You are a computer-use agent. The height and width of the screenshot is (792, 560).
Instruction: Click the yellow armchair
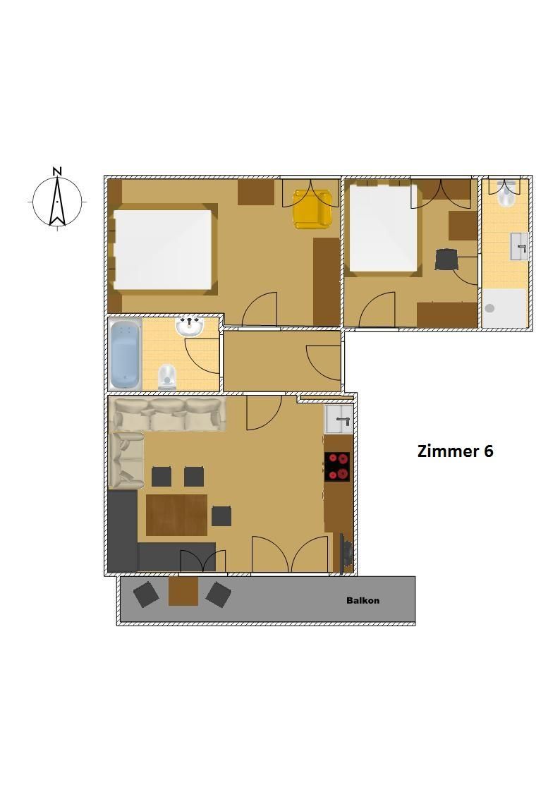312,209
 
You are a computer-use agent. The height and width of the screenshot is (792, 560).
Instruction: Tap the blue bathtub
125,354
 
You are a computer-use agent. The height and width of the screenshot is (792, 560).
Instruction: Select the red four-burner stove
337,466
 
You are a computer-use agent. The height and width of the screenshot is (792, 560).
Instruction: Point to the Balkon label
363,601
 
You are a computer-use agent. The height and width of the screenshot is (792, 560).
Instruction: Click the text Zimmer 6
455,451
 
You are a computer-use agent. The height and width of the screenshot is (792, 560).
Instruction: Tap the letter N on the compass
58,171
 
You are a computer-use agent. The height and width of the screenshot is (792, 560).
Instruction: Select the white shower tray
504,307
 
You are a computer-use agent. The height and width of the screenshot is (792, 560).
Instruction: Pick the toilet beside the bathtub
166,377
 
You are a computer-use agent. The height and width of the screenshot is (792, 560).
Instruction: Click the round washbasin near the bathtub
189,326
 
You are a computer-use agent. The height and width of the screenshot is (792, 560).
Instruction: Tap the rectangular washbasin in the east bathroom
519,247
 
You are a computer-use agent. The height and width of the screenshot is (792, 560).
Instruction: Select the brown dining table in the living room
177,515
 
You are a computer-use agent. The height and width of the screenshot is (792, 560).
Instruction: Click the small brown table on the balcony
183,590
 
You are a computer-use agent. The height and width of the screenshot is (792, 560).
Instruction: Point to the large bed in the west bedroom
163,250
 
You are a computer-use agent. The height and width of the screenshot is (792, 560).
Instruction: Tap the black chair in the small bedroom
447,260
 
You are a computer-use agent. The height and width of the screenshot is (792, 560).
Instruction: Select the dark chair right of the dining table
221,516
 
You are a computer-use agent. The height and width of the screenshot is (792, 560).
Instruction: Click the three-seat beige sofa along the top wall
168,414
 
